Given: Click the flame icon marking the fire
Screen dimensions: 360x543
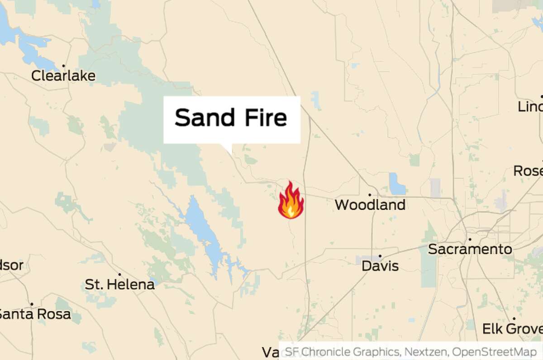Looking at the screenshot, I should pos(291,201).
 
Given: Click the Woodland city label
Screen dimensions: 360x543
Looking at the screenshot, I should pos(370,205).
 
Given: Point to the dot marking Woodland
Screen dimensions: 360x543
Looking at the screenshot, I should pos(370,195).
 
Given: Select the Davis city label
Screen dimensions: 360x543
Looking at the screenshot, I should pos(380,266).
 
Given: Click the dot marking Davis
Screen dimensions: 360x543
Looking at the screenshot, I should pos(380,256).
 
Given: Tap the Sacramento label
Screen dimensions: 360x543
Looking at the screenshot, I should pos(470,249).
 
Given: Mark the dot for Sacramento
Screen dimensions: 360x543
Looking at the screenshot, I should pos(470,239).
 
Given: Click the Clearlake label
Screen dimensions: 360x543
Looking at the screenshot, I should pos(63,76).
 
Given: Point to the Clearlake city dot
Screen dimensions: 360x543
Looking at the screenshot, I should pos(64,66).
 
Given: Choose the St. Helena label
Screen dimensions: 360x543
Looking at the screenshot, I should pos(119,285).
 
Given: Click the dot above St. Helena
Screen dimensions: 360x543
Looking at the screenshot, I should pos(119,274).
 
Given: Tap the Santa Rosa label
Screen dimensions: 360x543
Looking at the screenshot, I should pos(34,314).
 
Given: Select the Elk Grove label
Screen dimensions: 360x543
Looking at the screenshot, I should pos(512,329).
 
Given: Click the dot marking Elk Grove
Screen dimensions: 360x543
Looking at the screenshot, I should pos(514,318).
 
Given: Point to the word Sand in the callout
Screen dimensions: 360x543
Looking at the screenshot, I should pos(205,118).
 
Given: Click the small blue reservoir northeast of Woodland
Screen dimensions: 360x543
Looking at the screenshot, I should pos(397,184).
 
